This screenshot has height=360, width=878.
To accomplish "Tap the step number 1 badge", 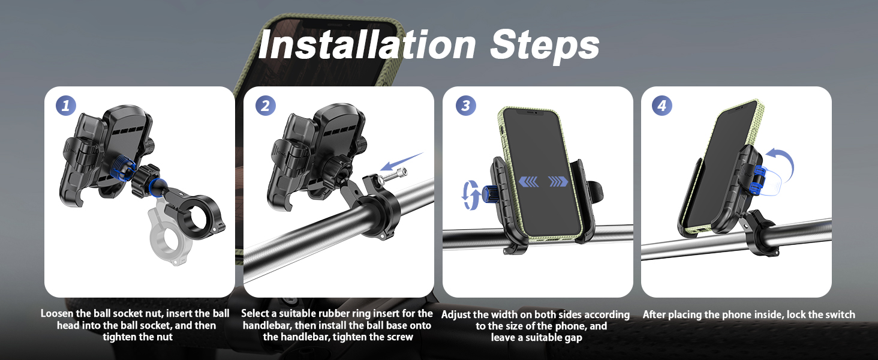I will click(x=67, y=106).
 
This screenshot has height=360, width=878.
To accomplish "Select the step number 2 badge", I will click(x=265, y=106).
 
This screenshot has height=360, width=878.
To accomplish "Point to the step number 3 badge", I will click(x=465, y=106).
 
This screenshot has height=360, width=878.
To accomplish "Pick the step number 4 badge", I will click(x=662, y=106).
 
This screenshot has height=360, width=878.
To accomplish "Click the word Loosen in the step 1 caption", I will click(x=57, y=314).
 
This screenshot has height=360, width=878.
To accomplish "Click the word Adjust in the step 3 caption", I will click(x=457, y=315).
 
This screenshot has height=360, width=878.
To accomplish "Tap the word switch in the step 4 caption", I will click(x=839, y=314).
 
